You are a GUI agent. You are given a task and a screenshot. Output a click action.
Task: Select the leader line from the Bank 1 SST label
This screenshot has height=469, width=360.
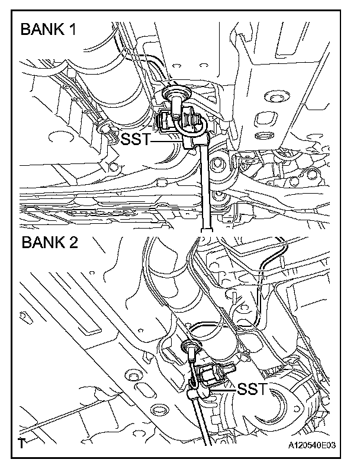point(169,141)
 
